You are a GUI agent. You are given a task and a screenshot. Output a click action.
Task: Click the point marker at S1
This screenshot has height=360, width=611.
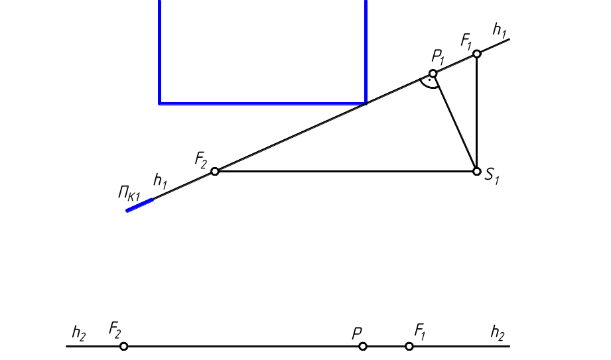tap(476, 172)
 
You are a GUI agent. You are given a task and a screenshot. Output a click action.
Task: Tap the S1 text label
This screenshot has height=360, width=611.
tap(492, 176)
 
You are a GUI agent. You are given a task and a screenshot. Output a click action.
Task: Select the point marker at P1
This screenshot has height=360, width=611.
tap(433, 74)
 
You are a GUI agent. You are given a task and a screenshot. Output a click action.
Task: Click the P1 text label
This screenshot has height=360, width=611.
tap(438, 57)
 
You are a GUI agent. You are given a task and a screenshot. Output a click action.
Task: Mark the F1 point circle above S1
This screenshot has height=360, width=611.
tap(476, 54)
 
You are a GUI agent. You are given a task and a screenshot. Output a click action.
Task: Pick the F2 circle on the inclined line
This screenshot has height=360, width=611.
tap(215, 172)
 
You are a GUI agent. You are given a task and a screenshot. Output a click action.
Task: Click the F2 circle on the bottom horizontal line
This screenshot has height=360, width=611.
tap(124, 346)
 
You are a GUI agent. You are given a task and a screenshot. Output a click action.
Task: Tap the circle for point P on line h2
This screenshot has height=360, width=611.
tap(362, 346)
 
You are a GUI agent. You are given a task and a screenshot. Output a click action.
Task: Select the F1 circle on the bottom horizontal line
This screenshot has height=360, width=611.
tap(409, 346)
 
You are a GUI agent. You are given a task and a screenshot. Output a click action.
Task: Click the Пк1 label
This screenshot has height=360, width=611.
tap(129, 194)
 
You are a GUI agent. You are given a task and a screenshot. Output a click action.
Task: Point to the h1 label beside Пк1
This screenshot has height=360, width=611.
tap(161, 180)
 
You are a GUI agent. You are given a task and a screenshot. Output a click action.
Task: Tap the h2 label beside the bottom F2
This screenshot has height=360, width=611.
tap(79, 333)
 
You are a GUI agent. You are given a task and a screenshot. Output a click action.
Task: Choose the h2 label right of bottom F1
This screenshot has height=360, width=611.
tap(498, 332)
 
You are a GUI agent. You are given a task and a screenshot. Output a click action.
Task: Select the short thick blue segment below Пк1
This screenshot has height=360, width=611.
tap(140, 204)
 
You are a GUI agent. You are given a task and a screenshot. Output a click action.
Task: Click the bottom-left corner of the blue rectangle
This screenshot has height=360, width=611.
tap(160, 103)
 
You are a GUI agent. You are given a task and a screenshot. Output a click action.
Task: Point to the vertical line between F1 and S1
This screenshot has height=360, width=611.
tap(476, 113)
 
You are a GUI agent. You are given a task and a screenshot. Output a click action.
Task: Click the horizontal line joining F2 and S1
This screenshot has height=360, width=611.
tap(345, 172)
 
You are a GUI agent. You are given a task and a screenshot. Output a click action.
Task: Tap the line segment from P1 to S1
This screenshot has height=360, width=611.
tap(454, 123)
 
